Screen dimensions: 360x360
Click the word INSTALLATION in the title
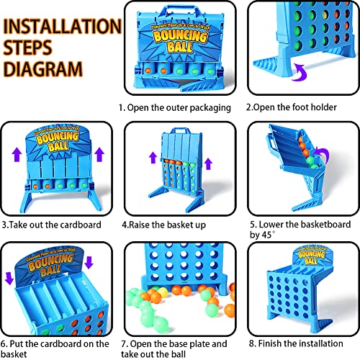click(63, 26)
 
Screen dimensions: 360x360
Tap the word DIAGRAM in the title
click(43, 69)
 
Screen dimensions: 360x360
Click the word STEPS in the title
click(27, 48)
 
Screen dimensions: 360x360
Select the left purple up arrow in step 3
click(17, 155)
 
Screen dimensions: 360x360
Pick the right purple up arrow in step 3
click(99, 154)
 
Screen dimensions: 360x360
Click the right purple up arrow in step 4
click(208, 164)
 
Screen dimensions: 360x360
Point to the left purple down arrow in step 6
click(9, 278)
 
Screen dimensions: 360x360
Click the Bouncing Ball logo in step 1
click(180, 40)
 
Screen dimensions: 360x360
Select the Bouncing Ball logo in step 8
click(311, 256)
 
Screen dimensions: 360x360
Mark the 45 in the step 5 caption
click(267, 235)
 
